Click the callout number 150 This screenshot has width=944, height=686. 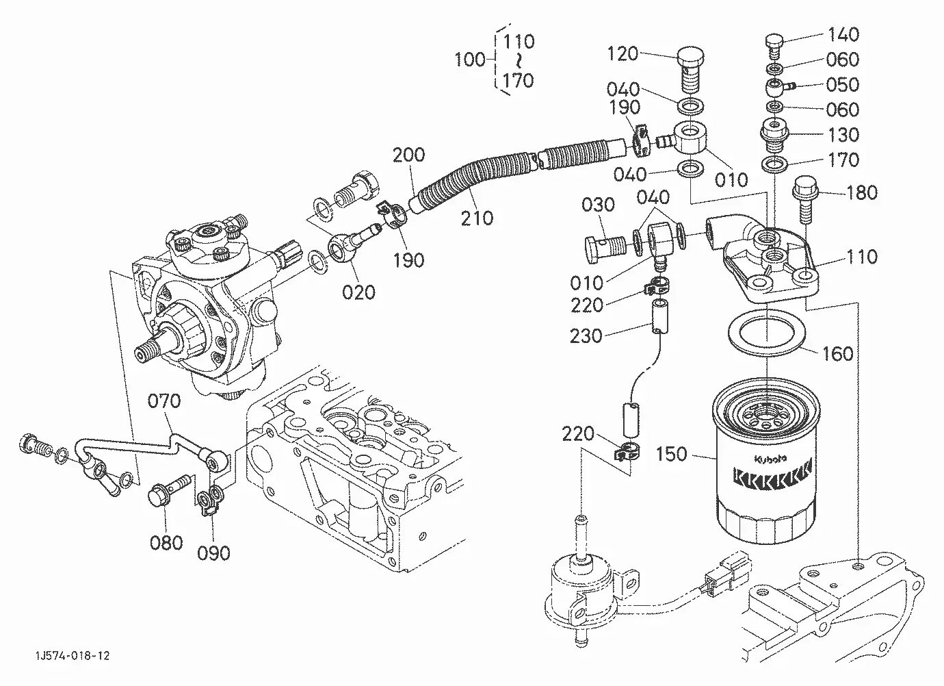point(671,454)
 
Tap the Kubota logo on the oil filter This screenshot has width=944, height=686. point(770,459)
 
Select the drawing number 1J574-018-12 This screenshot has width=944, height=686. point(73,656)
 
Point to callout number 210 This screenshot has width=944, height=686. point(477,218)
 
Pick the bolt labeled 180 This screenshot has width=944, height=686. point(805,199)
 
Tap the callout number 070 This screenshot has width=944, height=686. point(164,401)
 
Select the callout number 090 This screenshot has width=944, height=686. point(213,553)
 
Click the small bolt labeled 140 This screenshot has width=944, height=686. point(774,47)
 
